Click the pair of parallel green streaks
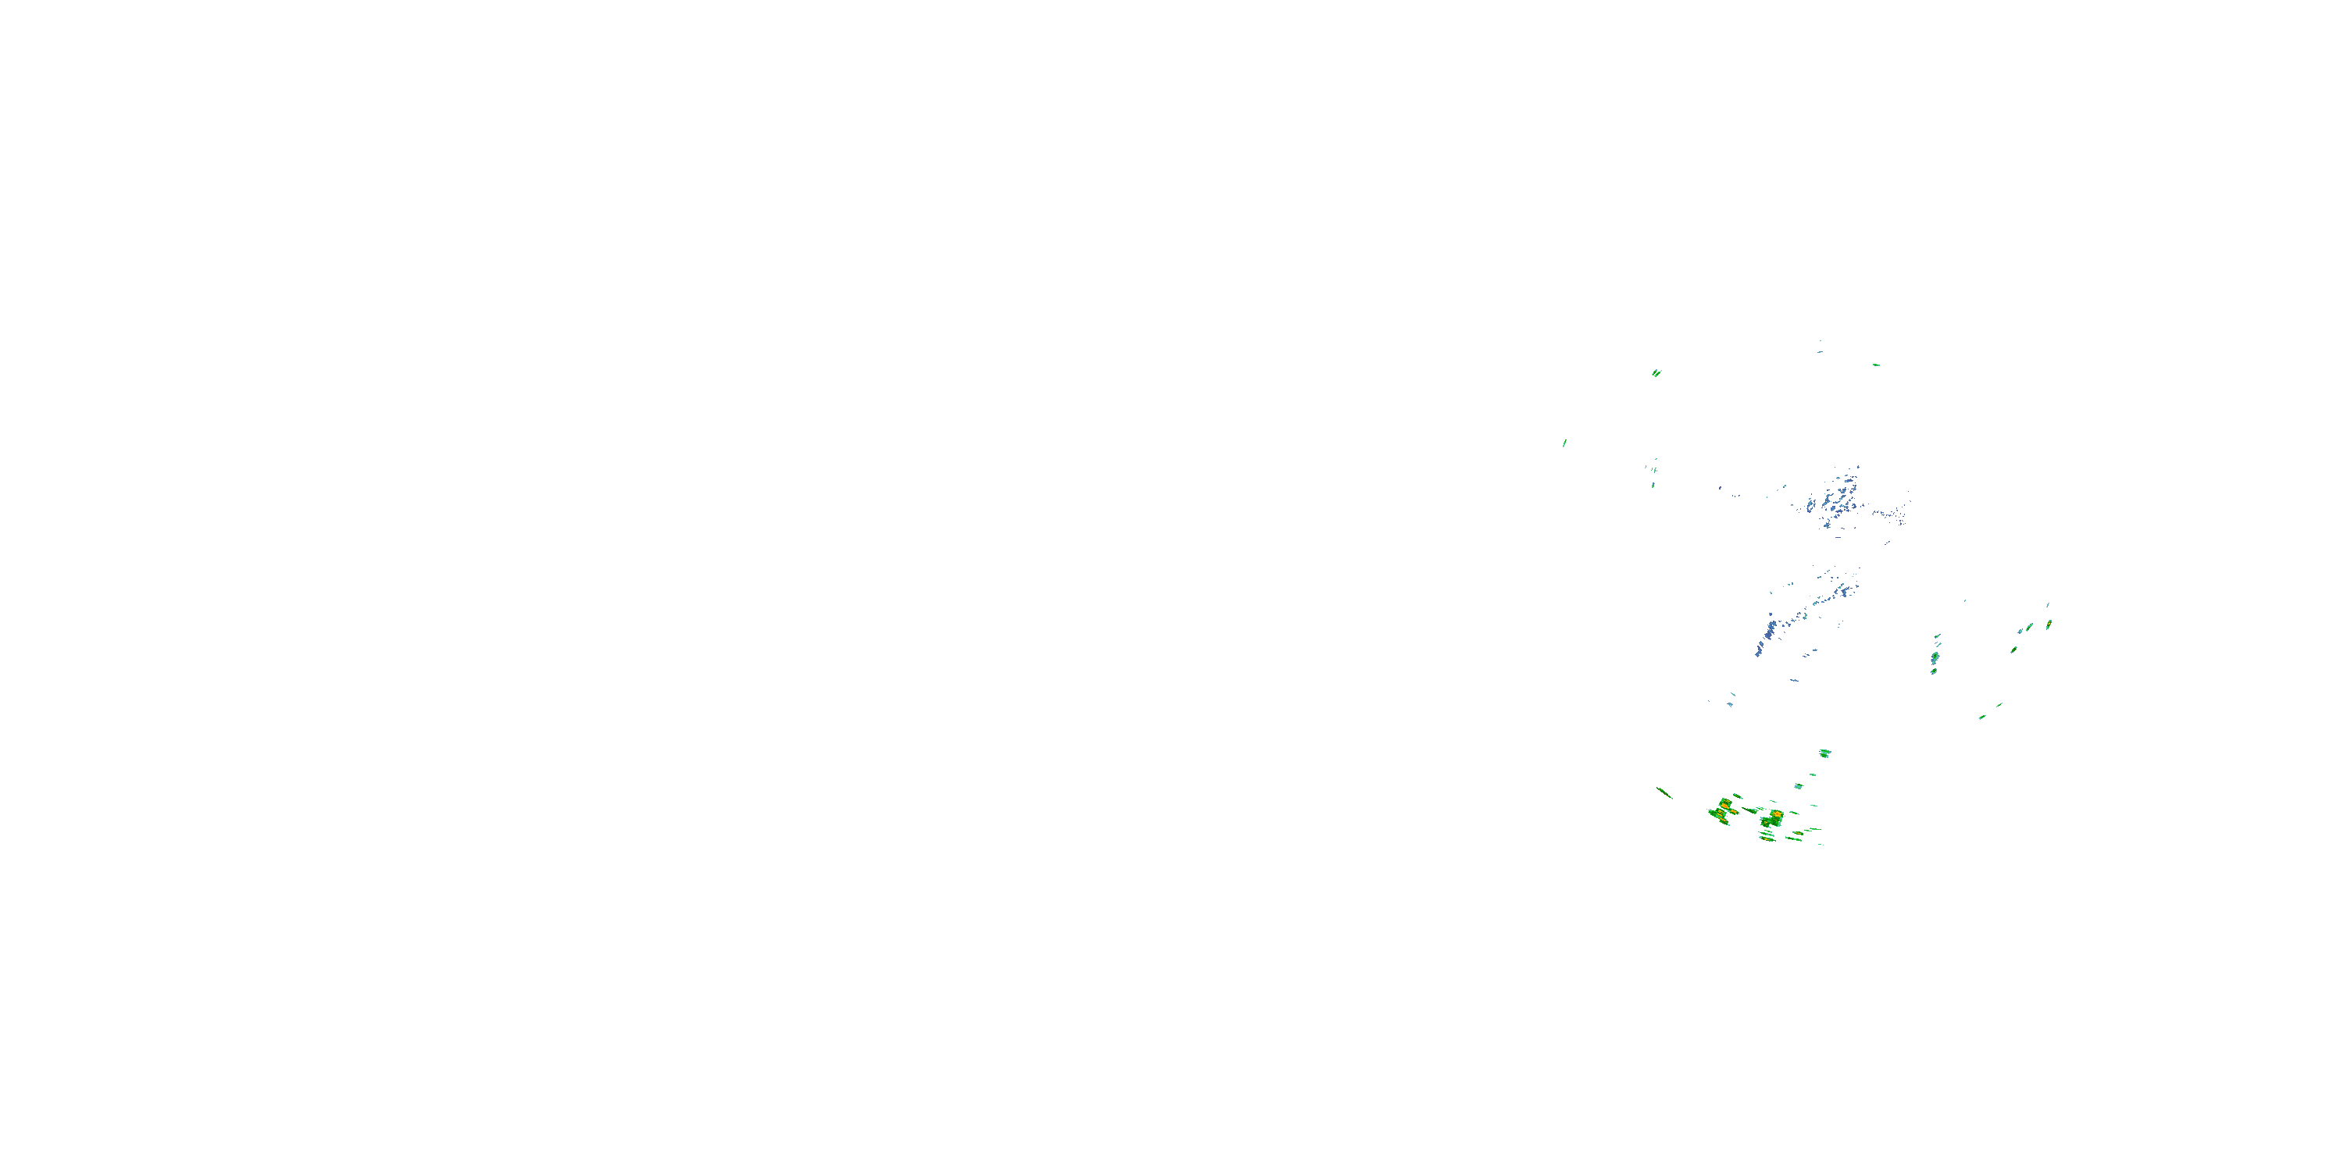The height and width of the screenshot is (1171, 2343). [1657, 372]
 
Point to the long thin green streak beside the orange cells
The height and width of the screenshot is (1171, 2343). [1664, 793]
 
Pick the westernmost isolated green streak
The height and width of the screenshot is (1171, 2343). [1564, 443]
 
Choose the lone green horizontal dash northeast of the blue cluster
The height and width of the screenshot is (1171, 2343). [1875, 365]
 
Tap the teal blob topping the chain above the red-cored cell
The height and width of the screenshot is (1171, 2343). [1824, 753]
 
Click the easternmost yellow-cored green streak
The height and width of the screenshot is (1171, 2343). [2049, 624]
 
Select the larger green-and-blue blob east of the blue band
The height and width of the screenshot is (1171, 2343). [1935, 657]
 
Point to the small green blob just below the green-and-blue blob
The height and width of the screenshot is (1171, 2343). [1934, 671]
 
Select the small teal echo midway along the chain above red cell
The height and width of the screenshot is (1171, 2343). [1798, 785]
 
